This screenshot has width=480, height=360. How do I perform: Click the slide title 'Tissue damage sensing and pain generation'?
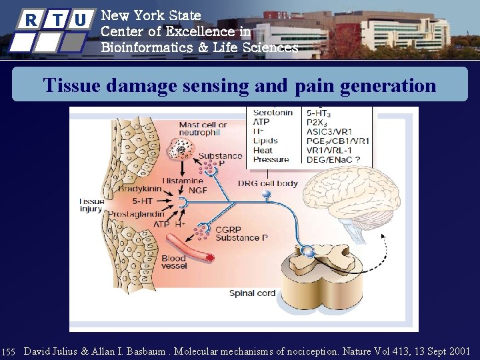(x=239, y=86)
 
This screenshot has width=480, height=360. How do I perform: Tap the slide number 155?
(x=9, y=351)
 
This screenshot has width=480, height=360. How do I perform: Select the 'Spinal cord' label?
(x=252, y=293)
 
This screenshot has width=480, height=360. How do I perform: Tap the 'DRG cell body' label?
(x=267, y=183)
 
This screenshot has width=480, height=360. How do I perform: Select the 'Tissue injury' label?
(x=91, y=205)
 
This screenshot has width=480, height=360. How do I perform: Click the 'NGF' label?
(x=197, y=190)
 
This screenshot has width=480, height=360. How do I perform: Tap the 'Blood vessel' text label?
(x=173, y=262)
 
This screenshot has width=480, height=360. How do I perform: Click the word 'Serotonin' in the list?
(x=273, y=113)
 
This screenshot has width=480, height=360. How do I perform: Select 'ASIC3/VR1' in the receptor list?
(x=328, y=132)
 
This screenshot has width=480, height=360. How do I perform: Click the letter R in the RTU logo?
(x=31, y=20)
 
